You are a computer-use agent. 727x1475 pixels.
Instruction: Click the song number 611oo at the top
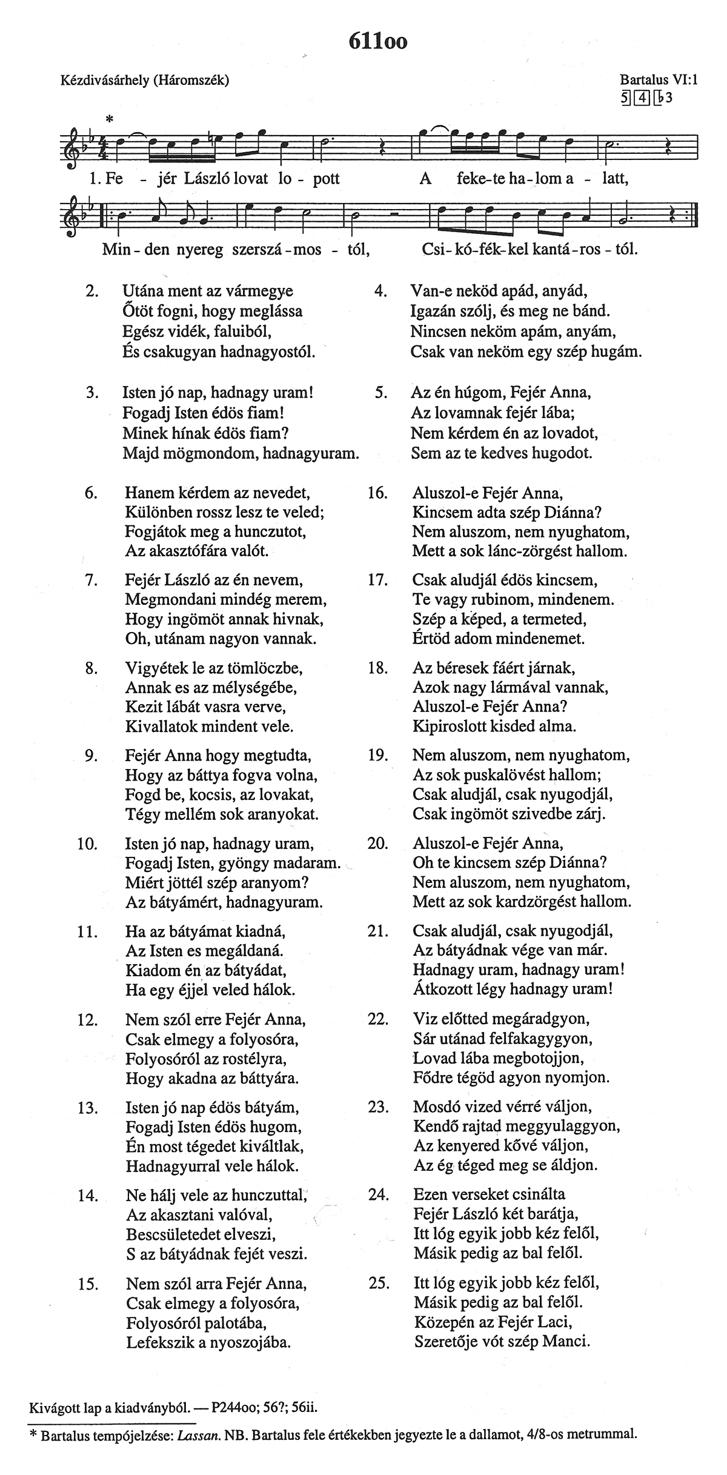378,41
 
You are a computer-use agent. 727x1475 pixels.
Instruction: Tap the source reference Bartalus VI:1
659,79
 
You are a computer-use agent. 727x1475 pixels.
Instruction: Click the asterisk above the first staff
110,119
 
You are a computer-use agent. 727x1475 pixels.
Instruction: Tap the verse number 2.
92,291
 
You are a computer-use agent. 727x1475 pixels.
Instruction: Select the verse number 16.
377,493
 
